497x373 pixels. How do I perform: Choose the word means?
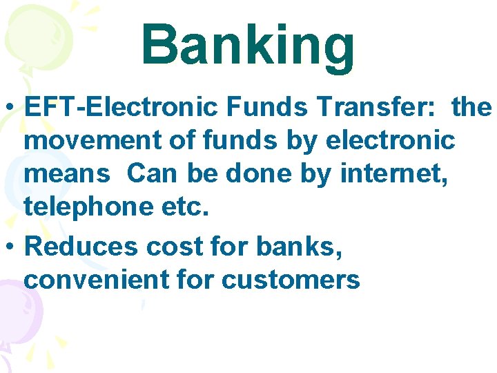point(66,174)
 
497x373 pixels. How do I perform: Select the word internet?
point(398,174)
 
